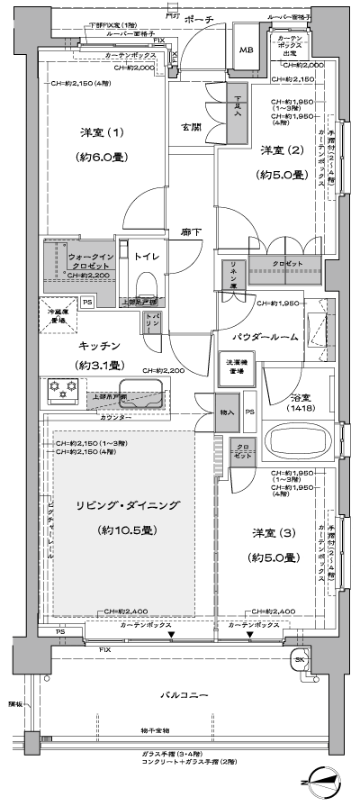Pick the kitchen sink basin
point(139,394)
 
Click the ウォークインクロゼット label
point(84,260)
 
